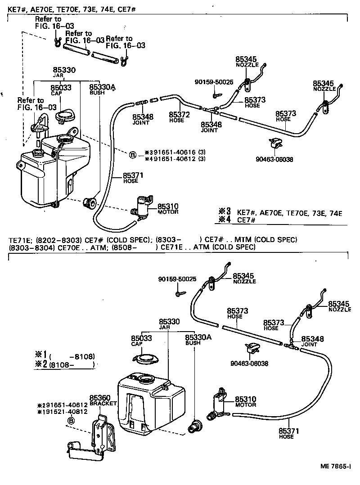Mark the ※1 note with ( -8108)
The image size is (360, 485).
65,356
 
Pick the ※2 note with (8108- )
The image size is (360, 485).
65,365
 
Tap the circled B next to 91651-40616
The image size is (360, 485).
133,155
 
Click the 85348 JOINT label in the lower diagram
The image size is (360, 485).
312,341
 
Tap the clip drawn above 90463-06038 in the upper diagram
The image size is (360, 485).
276,144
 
